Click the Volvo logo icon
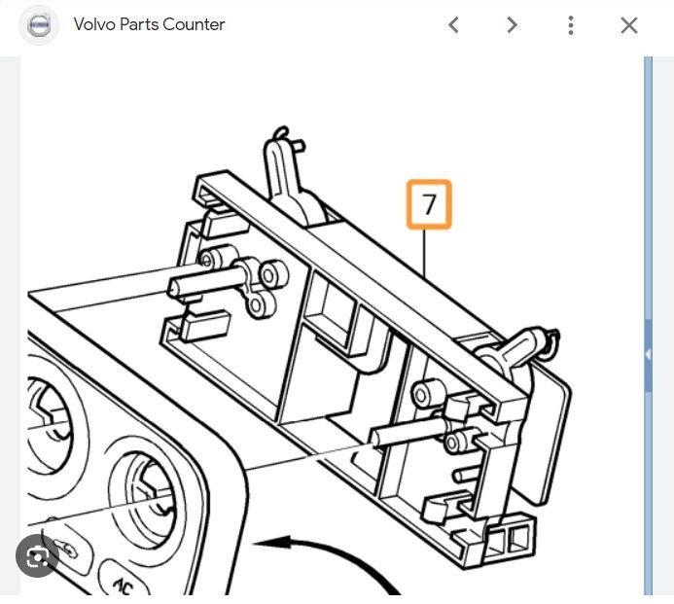(x=39, y=25)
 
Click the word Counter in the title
(x=194, y=24)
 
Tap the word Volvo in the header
(x=94, y=24)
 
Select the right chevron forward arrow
(x=512, y=25)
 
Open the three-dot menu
(x=570, y=25)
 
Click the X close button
(x=629, y=25)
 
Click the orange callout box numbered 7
(x=429, y=204)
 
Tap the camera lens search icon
(x=37, y=556)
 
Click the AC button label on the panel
(x=124, y=586)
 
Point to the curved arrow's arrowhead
(x=271, y=543)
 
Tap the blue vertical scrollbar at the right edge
(x=648, y=326)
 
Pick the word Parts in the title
(x=139, y=24)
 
